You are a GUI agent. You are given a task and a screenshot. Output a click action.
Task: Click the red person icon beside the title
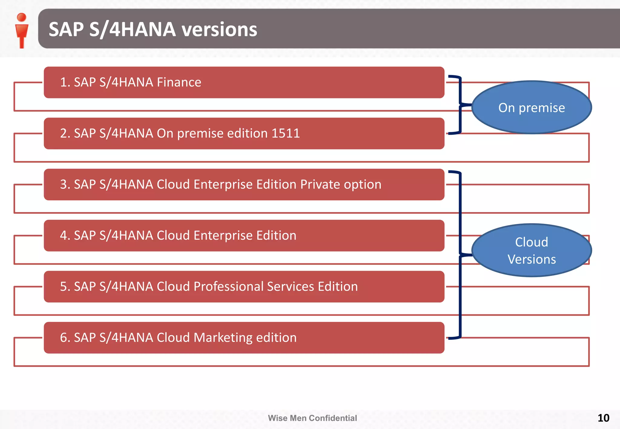pyautogui.click(x=21, y=30)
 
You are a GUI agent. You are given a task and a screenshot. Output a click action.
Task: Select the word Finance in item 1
pyautogui.click(x=179, y=82)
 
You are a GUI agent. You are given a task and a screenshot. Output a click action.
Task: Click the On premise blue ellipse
pyautogui.click(x=531, y=108)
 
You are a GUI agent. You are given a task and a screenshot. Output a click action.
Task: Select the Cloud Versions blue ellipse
pyautogui.click(x=531, y=251)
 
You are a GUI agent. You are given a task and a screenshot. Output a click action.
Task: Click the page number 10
pyautogui.click(x=603, y=418)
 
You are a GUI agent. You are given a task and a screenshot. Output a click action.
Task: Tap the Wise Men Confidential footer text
pyautogui.click(x=312, y=418)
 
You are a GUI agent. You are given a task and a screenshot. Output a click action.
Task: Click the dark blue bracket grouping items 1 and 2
pyautogui.click(x=460, y=104)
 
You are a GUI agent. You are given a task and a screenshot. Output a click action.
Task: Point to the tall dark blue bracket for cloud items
pyautogui.click(x=460, y=254)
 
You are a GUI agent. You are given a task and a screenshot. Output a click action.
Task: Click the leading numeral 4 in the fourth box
pyautogui.click(x=64, y=235)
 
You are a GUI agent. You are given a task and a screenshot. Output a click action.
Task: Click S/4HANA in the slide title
pyautogui.click(x=133, y=30)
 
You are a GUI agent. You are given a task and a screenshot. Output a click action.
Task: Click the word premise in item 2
pyautogui.click(x=200, y=133)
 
